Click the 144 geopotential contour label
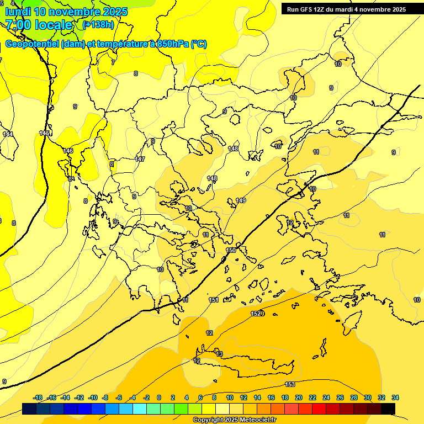(8, 134)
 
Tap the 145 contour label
(45, 133)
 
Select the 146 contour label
(68, 151)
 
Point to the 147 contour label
(140, 159)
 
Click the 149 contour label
(241, 200)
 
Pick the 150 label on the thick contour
(231, 251)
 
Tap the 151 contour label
(214, 300)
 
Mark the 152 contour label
(256, 314)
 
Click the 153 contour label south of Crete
(289, 384)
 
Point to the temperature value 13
(219, 354)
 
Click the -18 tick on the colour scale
(38, 397)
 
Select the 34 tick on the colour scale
(395, 397)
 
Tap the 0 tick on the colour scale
(159, 397)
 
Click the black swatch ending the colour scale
(388, 409)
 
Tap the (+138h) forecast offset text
(99, 25)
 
